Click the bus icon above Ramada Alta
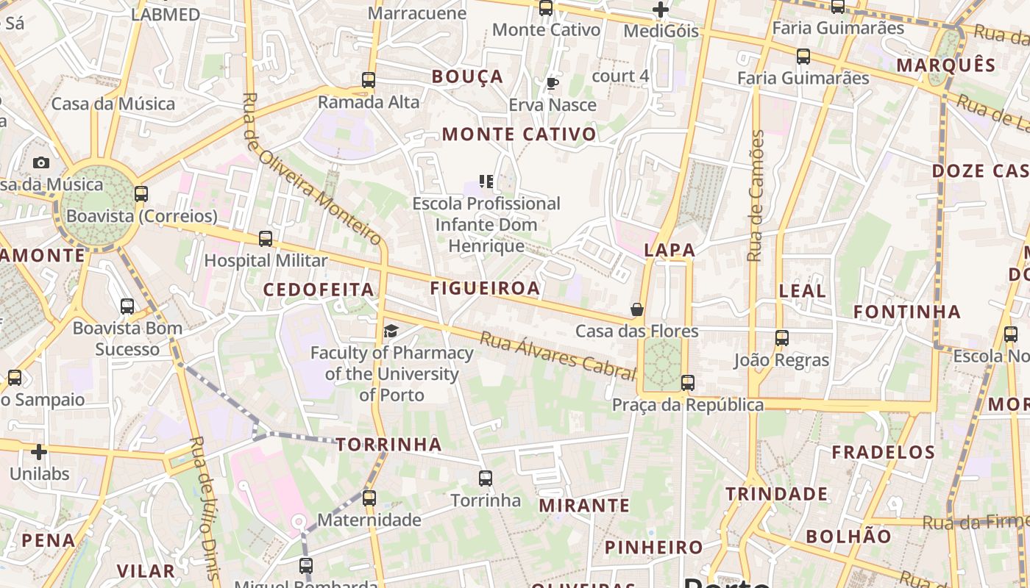click(x=369, y=80)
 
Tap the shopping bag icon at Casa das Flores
click(x=637, y=309)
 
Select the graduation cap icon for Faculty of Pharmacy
click(x=391, y=331)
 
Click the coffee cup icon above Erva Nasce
click(x=553, y=83)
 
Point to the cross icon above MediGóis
click(x=661, y=10)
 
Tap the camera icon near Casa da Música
click(x=41, y=162)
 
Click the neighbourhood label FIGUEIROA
click(x=486, y=288)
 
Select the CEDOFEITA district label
click(x=319, y=290)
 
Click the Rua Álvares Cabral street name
click(x=558, y=356)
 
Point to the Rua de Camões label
click(x=756, y=196)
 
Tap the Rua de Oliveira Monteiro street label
click(x=312, y=169)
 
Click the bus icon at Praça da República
click(x=688, y=383)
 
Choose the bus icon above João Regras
click(x=782, y=338)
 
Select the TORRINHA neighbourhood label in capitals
click(x=389, y=444)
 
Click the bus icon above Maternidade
click(x=369, y=498)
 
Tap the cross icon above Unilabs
click(x=39, y=451)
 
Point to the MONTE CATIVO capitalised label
click(x=519, y=135)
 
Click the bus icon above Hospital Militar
click(x=266, y=239)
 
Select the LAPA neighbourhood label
click(x=669, y=250)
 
